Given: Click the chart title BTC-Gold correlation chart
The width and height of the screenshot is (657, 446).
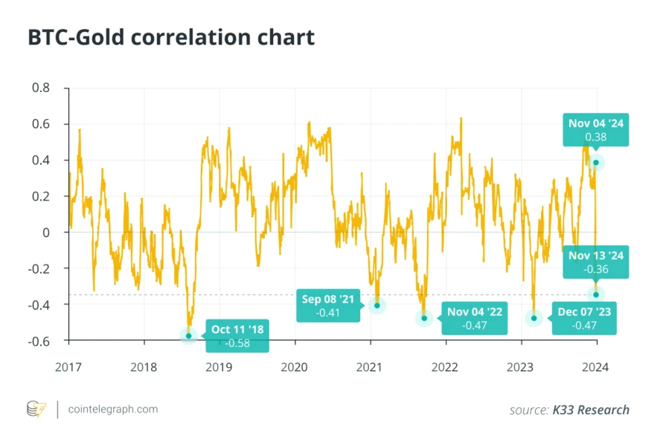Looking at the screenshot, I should tap(171, 37).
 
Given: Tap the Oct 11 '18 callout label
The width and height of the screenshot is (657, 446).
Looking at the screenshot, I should tap(237, 335).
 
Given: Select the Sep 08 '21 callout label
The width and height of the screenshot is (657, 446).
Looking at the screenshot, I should tap(328, 306).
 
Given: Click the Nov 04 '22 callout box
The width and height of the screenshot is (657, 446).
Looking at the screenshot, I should tap(472, 318).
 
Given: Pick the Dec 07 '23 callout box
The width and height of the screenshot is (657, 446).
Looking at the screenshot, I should tap(584, 318).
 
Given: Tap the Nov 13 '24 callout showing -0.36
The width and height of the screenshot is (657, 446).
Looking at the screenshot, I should tap(595, 262).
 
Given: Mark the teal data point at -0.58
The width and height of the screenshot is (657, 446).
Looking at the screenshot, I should tap(188, 336).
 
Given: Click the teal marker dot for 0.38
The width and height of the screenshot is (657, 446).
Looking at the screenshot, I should tap(595, 162).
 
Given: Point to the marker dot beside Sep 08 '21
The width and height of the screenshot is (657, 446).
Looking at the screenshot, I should tap(377, 306).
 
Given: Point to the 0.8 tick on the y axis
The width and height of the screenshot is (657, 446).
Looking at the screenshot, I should tap(41, 88).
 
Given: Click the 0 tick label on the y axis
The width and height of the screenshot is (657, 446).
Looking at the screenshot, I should tap(46, 233).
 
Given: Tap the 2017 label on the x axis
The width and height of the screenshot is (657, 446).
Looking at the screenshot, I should tap(68, 366).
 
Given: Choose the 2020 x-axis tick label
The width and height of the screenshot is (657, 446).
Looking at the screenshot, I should tap(295, 366).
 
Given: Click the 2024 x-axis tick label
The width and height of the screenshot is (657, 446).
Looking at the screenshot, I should tap(595, 366).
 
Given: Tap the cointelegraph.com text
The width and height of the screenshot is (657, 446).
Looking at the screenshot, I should tap(112, 410).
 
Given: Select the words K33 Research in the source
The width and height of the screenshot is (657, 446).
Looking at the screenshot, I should tap(591, 410).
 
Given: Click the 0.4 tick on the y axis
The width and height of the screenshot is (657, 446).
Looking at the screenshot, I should tap(41, 161).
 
